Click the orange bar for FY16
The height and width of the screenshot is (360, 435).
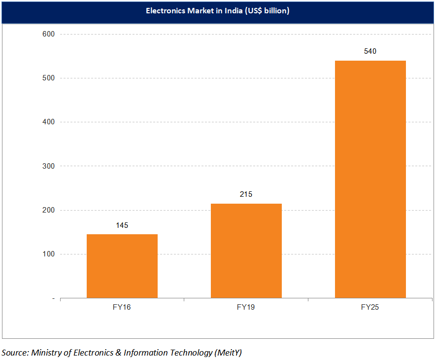(x=122, y=266)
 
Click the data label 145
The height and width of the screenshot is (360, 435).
(x=122, y=225)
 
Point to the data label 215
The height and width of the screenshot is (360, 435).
(x=246, y=194)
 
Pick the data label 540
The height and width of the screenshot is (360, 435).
(x=370, y=51)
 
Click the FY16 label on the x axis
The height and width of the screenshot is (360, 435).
(x=122, y=307)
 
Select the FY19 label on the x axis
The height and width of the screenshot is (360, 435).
(x=246, y=307)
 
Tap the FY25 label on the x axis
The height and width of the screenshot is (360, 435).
(x=370, y=307)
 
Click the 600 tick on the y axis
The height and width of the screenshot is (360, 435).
(x=49, y=34)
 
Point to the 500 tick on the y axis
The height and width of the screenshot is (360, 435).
(x=49, y=78)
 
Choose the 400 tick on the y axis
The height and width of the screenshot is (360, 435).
(x=49, y=122)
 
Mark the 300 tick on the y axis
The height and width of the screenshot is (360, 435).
(x=49, y=166)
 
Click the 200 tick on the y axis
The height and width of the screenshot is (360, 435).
(x=49, y=210)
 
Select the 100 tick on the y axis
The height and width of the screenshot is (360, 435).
(x=49, y=254)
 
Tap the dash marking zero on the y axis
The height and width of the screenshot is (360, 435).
(x=53, y=298)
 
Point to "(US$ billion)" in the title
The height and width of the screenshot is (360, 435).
(x=267, y=11)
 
